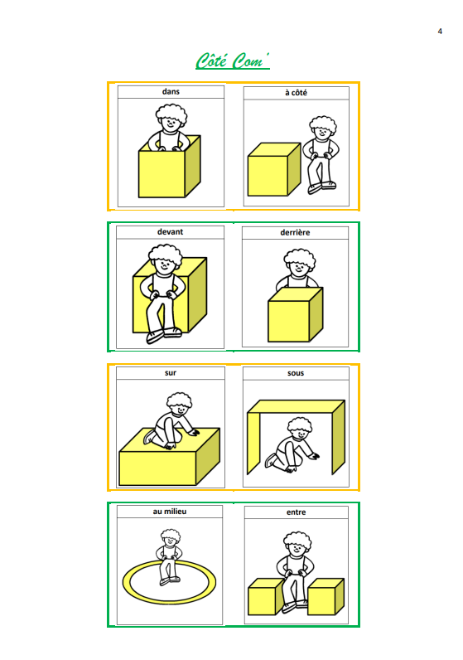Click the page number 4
(440, 32)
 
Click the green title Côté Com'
(232, 61)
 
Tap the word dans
(171, 92)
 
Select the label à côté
(296, 93)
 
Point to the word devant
(171, 232)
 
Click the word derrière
(295, 232)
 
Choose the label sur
(171, 373)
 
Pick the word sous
(296, 373)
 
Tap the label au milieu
(170, 512)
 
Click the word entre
(296, 512)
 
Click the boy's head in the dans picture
(171, 119)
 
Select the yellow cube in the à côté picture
(274, 169)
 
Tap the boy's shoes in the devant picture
(164, 336)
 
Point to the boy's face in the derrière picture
(299, 268)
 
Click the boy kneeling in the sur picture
(171, 421)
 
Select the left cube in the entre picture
(266, 597)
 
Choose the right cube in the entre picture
(326, 596)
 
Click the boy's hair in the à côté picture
(323, 124)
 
